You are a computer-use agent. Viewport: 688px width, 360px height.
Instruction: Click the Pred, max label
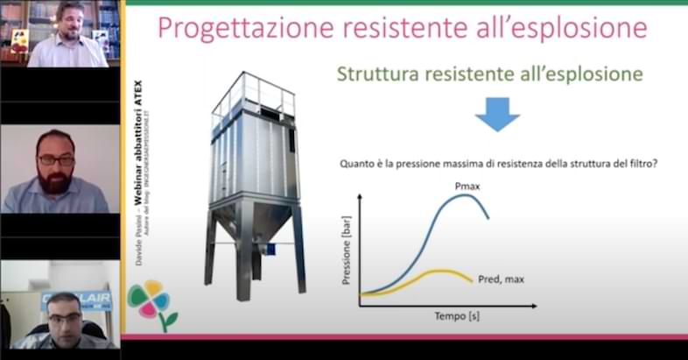tap(501, 279)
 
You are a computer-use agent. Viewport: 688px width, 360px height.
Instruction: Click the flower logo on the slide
tap(151, 303)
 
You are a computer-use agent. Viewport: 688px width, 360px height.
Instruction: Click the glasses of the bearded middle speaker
tap(56, 160)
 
